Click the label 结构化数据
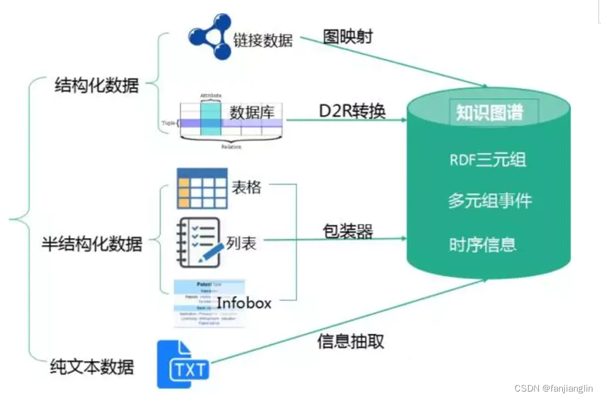pos(96,86)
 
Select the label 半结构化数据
pos(92,244)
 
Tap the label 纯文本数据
pos(92,367)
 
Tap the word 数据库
pos(252,112)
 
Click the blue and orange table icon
pos(201,188)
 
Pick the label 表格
pos(246,187)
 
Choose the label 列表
pos(241,244)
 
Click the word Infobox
pos(244,302)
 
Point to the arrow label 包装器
pos(348,231)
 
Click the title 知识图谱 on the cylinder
pos(489,112)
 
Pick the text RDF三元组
pos(488,159)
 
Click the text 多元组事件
pos(489,201)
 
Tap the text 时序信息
pos(483,244)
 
